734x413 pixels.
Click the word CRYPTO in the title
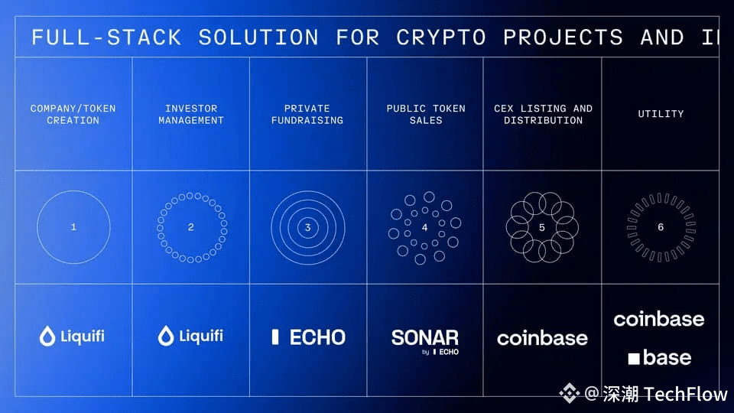[440, 37]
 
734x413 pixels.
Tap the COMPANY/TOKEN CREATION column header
[73, 114]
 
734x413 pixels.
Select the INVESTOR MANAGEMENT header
[191, 114]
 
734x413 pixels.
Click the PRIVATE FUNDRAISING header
[307, 114]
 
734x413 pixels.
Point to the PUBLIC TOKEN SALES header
[426, 114]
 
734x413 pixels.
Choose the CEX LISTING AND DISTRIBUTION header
[543, 114]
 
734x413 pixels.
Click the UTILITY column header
[661, 114]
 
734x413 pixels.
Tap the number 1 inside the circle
[73, 227]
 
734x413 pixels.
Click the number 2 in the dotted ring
[191, 227]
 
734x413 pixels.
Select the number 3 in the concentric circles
[308, 227]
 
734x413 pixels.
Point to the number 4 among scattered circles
[425, 227]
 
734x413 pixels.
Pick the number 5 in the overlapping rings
[542, 227]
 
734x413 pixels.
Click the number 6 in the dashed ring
[661, 227]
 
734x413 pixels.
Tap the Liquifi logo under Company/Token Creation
[73, 336]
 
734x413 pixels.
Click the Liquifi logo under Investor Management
[190, 336]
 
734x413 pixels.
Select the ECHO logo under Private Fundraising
[308, 337]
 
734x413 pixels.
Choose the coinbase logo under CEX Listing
[542, 338]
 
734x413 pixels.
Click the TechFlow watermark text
[685, 394]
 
